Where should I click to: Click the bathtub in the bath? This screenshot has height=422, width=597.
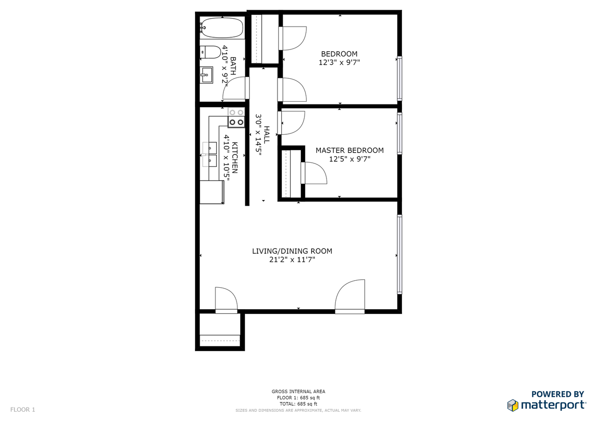[222, 28]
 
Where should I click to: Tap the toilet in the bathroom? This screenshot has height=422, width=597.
[210, 52]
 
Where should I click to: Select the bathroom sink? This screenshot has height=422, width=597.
[207, 75]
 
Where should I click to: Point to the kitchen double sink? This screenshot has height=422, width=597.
[210, 154]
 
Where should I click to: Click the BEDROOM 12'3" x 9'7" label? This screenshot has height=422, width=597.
[339, 58]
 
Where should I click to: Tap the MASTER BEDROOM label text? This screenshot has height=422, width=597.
[350, 150]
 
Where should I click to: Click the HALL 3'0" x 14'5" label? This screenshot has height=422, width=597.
[263, 135]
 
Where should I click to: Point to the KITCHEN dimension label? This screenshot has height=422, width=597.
[230, 158]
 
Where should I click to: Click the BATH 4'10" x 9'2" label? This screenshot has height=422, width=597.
[229, 66]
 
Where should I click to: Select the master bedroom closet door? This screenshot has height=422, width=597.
[314, 173]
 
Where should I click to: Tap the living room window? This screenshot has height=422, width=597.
[400, 254]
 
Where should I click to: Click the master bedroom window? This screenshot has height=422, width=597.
[400, 133]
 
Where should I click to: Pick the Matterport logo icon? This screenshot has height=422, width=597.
[513, 405]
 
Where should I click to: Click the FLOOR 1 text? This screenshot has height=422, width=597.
[23, 409]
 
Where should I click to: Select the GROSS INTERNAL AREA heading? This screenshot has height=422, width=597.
[298, 391]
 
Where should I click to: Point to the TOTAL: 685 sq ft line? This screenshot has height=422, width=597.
[298, 404]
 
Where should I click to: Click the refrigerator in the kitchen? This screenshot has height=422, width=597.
[212, 192]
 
